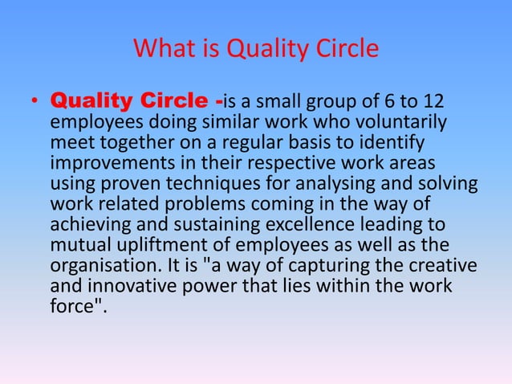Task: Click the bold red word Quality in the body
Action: tap(91, 103)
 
